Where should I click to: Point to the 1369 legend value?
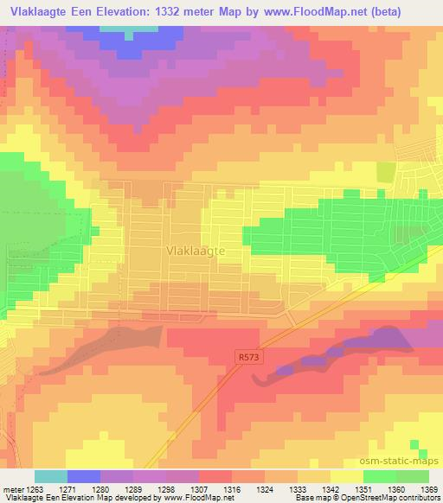click(x=428, y=487)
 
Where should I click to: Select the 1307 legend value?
click(x=199, y=487)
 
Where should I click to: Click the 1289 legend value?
click(x=133, y=487)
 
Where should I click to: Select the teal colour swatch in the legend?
click(x=51, y=476)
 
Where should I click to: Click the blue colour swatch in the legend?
click(x=84, y=476)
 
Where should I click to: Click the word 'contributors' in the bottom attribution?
click(x=418, y=498)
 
